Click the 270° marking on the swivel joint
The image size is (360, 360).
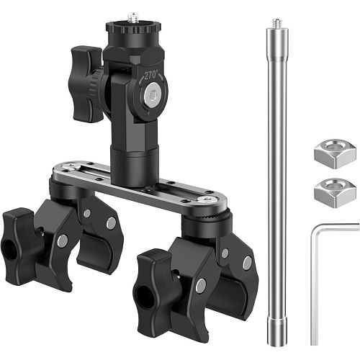point(151,76)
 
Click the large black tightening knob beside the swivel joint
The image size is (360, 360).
point(84,84)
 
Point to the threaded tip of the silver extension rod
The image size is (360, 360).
point(277,23)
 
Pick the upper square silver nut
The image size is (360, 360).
point(335,153)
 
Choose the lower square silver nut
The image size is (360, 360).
point(335,193)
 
